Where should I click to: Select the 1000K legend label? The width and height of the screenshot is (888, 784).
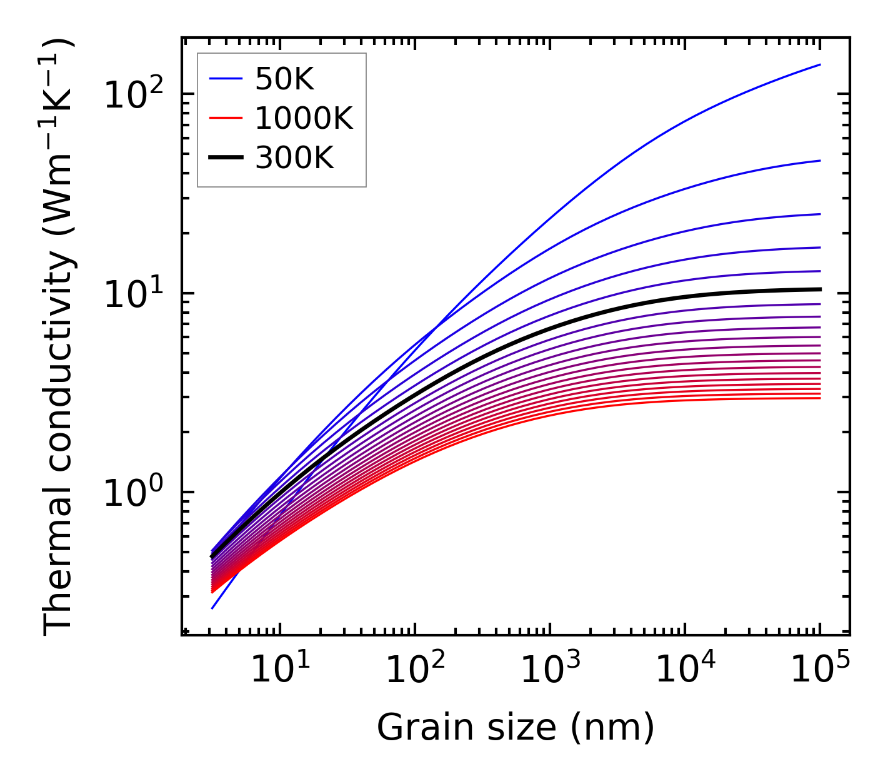click(304, 118)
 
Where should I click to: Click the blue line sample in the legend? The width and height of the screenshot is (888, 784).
click(225, 79)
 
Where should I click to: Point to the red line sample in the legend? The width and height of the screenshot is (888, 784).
click(225, 118)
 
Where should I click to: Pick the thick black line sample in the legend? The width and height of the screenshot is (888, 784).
click(225, 158)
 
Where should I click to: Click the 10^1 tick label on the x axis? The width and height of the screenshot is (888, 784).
click(279, 671)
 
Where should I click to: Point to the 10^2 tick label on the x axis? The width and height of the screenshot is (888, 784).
click(415, 671)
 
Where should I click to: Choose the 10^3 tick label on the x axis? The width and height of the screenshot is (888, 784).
click(550, 671)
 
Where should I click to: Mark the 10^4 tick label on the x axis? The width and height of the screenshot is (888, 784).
click(685, 671)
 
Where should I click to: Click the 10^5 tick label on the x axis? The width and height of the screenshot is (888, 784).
click(820, 671)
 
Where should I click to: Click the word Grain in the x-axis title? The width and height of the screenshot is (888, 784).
click(412, 728)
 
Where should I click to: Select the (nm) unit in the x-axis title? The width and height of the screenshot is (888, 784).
click(613, 728)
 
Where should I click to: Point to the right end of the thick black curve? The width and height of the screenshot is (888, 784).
click(819, 289)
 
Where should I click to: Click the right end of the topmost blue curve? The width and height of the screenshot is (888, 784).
click(819, 64)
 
